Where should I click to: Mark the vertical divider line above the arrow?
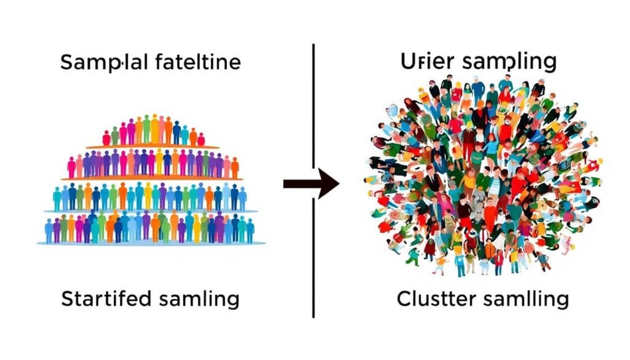coord(314,105)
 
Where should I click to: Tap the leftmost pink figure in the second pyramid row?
coord(71,167)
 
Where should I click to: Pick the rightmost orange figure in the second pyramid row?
coord(234,167)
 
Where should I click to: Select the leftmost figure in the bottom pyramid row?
coord(49,231)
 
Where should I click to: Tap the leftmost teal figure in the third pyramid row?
coord(58,199)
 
